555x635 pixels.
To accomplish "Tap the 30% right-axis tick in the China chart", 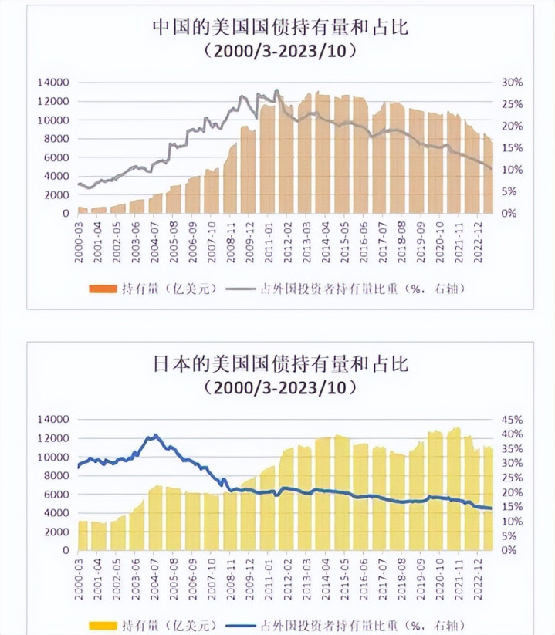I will (513, 83).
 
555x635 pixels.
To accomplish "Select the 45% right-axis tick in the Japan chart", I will (513, 420).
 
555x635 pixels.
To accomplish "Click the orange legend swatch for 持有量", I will (103, 289).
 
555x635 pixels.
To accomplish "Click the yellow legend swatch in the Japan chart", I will (103, 625).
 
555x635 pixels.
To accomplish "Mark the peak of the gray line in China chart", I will (276, 90).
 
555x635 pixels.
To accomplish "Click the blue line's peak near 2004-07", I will (156, 435).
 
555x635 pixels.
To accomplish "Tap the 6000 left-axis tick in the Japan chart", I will (56, 495).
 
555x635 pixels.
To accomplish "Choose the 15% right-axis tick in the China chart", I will (513, 147).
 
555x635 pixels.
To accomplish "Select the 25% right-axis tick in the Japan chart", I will (513, 478).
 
